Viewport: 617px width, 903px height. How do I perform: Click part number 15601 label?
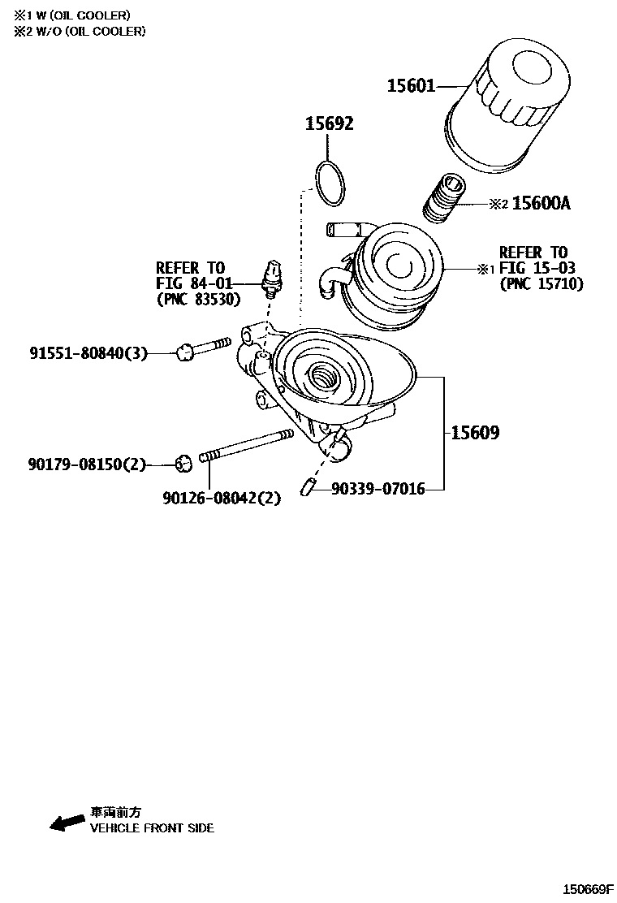[411, 85]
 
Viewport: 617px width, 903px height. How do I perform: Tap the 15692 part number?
[329, 124]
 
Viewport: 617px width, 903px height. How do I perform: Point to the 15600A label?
[541, 204]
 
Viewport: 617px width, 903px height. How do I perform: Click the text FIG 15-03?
[533, 268]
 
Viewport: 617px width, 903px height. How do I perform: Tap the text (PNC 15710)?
[541, 283]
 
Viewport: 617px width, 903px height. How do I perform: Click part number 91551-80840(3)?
[89, 352]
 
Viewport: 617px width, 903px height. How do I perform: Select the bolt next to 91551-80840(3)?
[203, 348]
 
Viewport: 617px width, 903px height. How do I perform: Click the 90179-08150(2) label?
[87, 464]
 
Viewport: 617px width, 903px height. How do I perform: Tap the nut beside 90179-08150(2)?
[183, 464]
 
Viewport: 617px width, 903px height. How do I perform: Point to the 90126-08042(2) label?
[222, 498]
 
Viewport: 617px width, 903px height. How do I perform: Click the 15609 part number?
[475, 433]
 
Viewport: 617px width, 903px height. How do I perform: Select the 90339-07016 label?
[378, 489]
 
